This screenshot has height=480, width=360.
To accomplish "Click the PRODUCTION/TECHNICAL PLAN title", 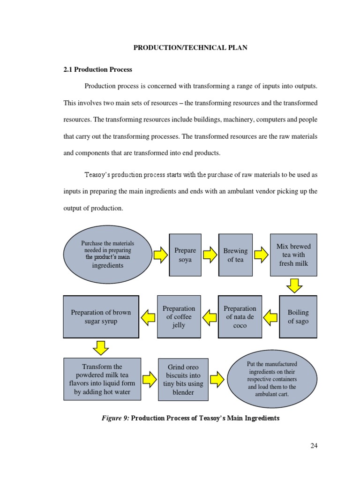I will [191, 48].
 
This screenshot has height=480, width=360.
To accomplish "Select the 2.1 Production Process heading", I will [97, 69].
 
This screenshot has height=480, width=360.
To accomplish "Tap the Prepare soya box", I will [185, 255].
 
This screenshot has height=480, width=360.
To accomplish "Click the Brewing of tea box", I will [235, 255].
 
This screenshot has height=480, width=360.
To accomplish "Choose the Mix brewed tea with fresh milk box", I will [293, 255].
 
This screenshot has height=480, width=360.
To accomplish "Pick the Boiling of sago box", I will [298, 316].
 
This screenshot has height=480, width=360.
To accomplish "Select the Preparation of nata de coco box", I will [240, 316].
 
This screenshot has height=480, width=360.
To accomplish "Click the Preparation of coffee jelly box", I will [179, 316].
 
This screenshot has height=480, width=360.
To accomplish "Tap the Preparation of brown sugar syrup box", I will [101, 316].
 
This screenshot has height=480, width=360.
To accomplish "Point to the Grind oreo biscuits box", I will [183, 380].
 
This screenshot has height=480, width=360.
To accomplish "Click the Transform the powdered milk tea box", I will [102, 379].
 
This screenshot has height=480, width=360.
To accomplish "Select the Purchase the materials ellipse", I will [108, 255].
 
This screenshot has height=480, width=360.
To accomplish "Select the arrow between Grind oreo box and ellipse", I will [217, 379].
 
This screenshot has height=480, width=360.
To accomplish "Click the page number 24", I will [314, 445].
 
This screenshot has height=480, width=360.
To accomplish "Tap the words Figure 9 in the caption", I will [115, 418].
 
